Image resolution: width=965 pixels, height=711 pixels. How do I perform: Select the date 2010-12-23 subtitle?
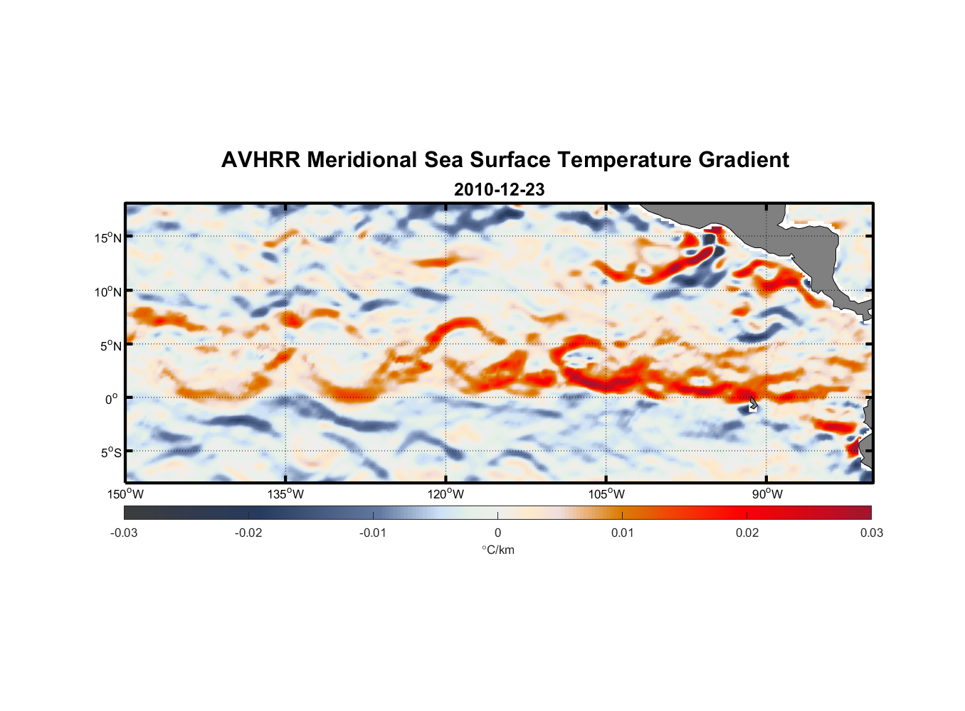[x=499, y=190]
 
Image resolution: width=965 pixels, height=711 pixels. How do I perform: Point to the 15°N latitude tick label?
[x=108, y=237]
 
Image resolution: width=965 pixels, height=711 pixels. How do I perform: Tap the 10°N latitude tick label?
[x=108, y=292]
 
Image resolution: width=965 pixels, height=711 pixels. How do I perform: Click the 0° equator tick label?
[x=112, y=400]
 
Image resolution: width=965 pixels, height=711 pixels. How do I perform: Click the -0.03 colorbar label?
[x=124, y=533]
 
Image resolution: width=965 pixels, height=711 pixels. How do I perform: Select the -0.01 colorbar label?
[x=373, y=533]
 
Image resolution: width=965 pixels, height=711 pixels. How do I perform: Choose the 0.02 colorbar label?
[x=747, y=533]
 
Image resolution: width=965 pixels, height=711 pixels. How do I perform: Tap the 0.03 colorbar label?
[x=871, y=533]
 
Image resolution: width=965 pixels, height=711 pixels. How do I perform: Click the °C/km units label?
[x=497, y=550]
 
